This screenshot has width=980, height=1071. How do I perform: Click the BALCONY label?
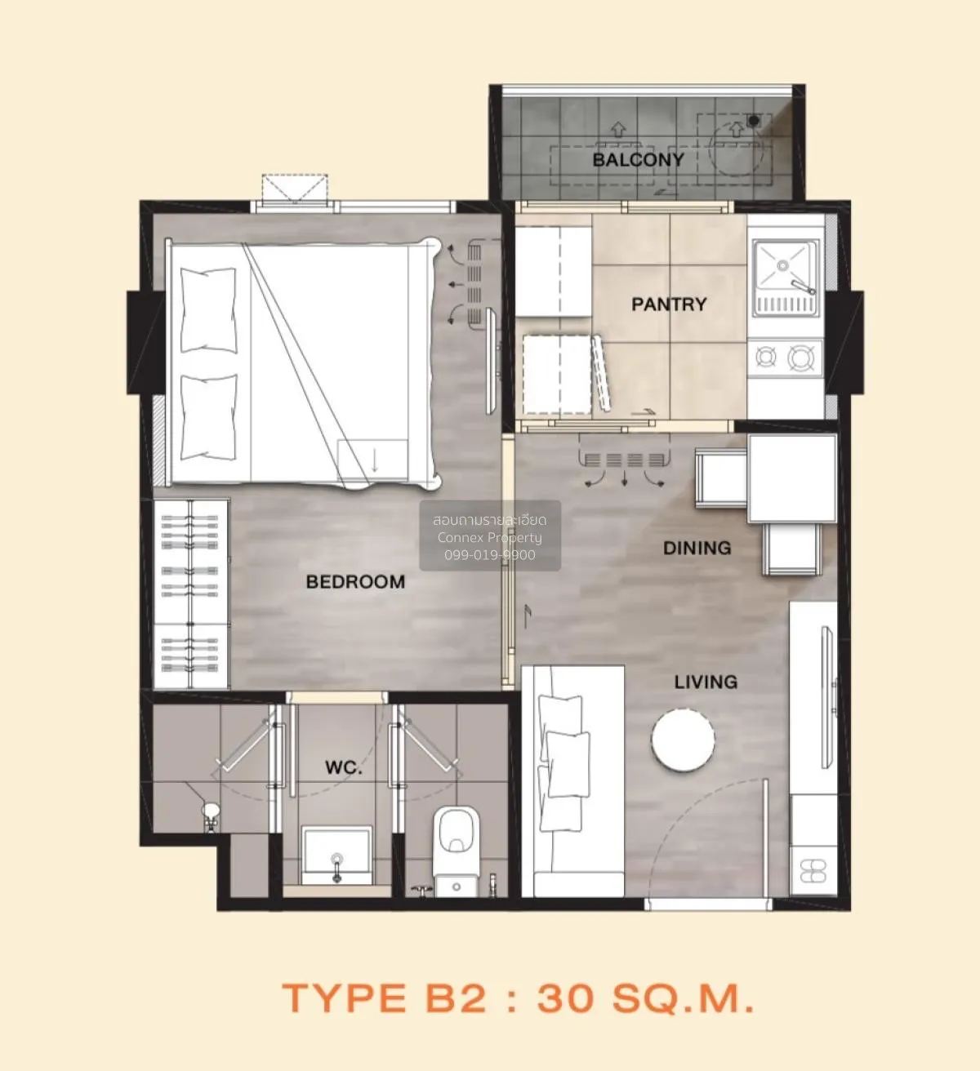638,160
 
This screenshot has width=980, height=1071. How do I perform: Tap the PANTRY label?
669,304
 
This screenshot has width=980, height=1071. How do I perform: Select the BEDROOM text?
355,581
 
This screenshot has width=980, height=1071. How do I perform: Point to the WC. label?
344,768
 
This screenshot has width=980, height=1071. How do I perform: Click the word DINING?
697,548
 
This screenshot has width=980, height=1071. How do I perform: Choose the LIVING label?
706,682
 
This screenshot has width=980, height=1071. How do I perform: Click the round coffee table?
683,740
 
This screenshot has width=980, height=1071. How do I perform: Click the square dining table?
792,478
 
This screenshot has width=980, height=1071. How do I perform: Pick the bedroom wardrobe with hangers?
191,594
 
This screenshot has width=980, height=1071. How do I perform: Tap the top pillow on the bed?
208,309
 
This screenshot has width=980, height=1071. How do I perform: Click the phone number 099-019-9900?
489,555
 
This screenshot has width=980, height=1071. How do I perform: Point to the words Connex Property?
489,538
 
